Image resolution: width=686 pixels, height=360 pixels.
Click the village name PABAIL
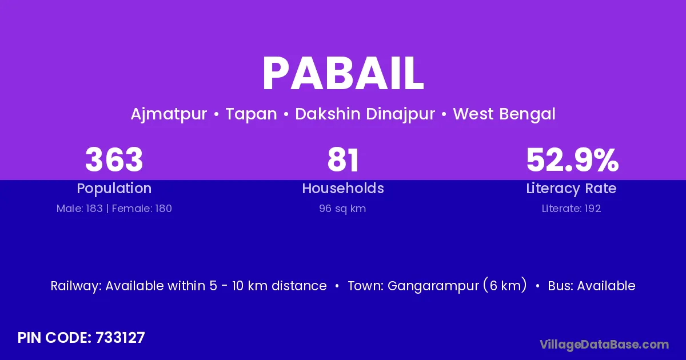(x=343, y=74)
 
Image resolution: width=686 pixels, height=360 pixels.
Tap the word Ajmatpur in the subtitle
(x=169, y=114)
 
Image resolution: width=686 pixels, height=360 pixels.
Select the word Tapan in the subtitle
(x=251, y=114)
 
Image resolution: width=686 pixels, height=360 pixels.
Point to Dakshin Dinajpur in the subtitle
(x=365, y=114)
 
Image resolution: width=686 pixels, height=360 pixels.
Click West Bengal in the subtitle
(x=504, y=114)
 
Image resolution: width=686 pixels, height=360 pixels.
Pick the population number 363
(x=114, y=159)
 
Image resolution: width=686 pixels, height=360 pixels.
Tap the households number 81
(x=343, y=159)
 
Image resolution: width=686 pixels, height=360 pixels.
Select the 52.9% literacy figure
(x=572, y=159)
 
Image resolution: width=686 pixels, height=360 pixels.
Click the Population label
(x=114, y=189)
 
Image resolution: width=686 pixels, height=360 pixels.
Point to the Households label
(x=343, y=188)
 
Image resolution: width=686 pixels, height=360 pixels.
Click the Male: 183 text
(x=79, y=209)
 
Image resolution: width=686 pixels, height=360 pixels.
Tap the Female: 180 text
(x=142, y=209)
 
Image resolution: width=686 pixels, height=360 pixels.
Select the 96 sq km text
(x=342, y=209)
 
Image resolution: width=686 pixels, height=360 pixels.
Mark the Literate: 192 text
(x=571, y=209)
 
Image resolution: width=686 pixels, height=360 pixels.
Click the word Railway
(x=76, y=286)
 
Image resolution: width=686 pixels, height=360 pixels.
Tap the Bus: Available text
(x=591, y=286)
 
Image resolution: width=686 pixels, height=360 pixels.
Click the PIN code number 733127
(x=120, y=338)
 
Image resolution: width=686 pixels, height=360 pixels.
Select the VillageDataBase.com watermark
(x=604, y=345)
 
